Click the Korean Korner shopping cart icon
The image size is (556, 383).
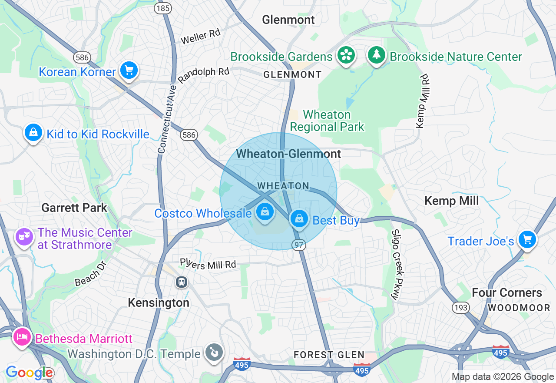129,70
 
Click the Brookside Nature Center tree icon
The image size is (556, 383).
377,55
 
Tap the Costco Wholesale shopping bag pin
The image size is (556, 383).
264,212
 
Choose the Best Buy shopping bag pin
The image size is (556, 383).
299,219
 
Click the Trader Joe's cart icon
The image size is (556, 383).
527,239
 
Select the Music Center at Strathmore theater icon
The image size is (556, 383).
24,237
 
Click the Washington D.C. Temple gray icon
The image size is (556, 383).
214,352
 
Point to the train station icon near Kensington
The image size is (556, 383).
182,282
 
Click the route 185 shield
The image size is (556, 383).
163,8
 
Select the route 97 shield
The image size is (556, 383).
299,245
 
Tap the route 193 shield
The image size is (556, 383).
460,308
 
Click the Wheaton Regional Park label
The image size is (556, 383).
327,121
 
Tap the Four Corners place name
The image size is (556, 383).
507,292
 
